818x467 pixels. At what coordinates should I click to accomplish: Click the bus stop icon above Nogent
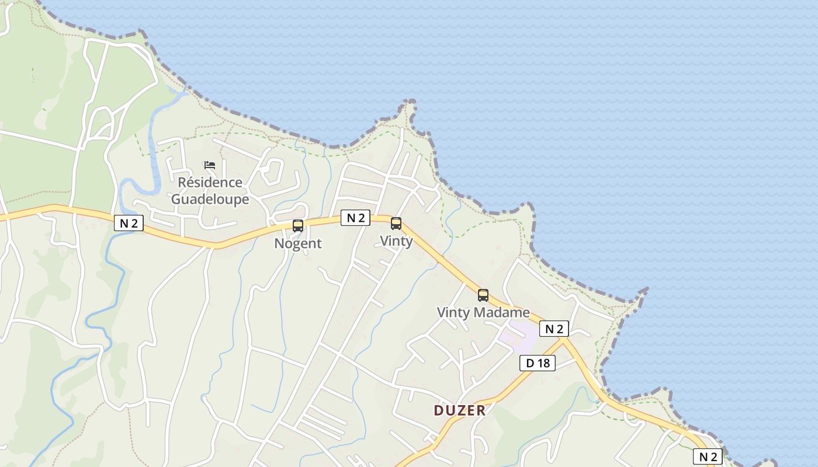coord(298,226)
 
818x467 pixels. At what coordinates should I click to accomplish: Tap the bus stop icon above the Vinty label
coord(396,223)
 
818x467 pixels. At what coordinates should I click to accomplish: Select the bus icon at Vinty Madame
coord(483,295)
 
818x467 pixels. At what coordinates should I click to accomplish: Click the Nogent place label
coord(298,243)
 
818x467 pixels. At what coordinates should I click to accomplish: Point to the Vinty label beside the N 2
coord(396,241)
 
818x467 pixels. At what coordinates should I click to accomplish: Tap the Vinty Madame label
coord(483,312)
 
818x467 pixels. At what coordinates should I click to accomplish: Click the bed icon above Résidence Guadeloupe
coord(210,165)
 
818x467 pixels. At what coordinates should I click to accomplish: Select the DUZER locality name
coord(460,410)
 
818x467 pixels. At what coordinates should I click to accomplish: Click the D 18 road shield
coord(538,363)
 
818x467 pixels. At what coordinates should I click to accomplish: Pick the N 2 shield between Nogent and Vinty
coord(355,218)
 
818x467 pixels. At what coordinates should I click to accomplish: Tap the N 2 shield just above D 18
coord(553,329)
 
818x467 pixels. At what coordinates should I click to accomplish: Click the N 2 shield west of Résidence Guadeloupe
coord(129,223)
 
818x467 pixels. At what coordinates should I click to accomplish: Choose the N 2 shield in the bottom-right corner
coord(707,456)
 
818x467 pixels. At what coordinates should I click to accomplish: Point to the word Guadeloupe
coord(210,200)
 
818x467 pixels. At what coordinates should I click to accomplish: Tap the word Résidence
coord(210,182)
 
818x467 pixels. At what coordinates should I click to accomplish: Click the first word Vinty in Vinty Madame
coord(453,312)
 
